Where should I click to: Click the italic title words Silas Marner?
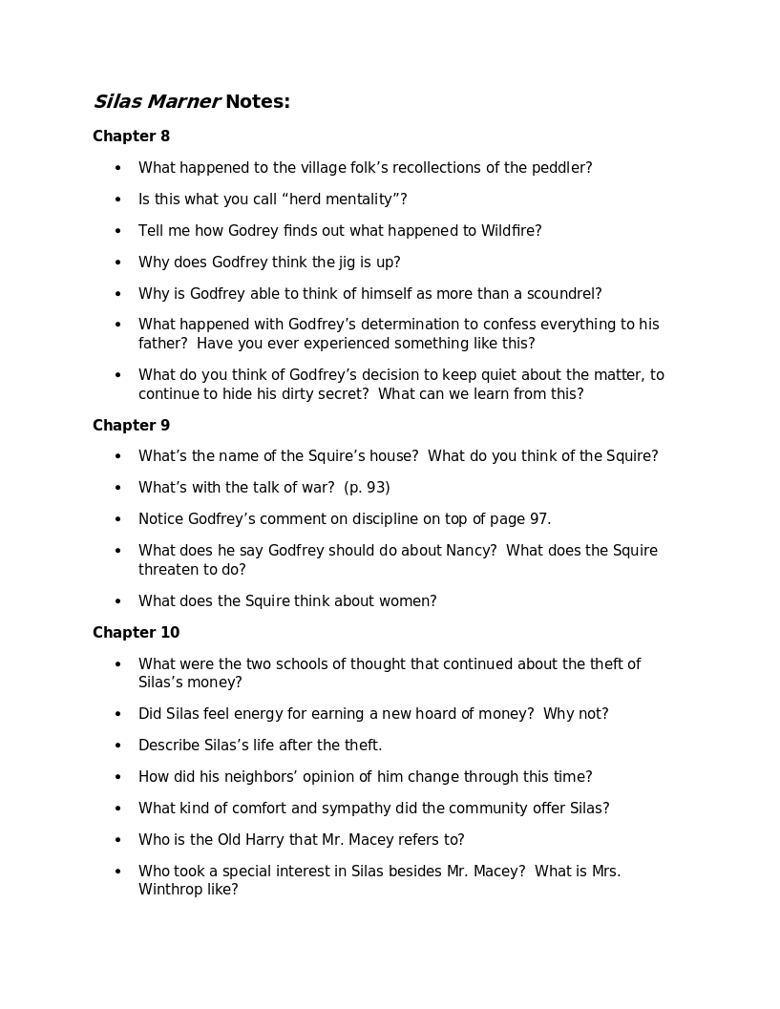pyautogui.click(x=157, y=101)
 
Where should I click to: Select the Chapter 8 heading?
pyautogui.click(x=131, y=137)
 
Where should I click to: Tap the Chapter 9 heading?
pyautogui.click(x=131, y=426)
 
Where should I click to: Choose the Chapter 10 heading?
pyautogui.click(x=136, y=633)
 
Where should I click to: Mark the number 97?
pyautogui.click(x=538, y=519)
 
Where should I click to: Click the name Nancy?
pyautogui.click(x=468, y=551)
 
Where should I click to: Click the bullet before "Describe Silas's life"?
pyautogui.click(x=118, y=746)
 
